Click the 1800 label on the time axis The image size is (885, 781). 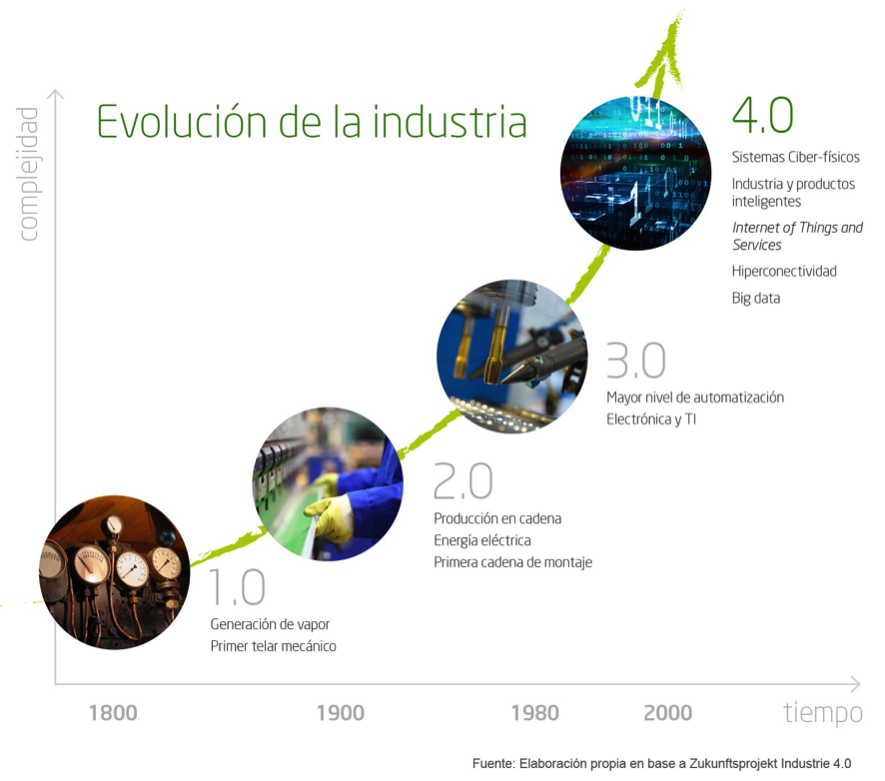[x=113, y=713]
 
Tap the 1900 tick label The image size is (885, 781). [x=340, y=713]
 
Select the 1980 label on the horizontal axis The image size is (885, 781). [x=534, y=713]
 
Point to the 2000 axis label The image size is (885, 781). [x=667, y=713]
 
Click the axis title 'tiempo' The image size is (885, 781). [x=822, y=713]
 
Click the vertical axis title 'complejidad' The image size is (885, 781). [x=28, y=174]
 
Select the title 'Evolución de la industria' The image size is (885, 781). [x=311, y=122]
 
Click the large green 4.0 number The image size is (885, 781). [x=762, y=116]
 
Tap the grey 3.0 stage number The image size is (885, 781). [x=635, y=361]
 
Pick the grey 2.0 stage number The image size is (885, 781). [x=462, y=482]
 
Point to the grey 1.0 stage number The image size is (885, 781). [x=237, y=588]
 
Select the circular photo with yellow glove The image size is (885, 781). [x=328, y=483]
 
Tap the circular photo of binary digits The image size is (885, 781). [x=635, y=174]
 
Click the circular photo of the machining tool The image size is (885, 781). [x=511, y=357]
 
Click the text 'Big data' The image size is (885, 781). [x=755, y=298]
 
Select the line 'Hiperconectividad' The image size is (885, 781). [x=784, y=272]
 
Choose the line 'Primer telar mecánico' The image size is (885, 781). [x=273, y=646]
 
